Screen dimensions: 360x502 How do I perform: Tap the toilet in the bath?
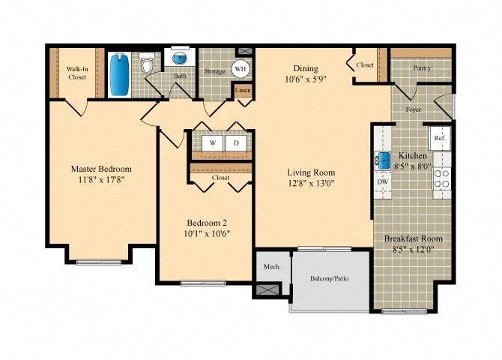[148, 67]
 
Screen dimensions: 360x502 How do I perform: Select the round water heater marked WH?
[241, 69]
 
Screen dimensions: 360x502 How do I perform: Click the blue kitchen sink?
[382, 159]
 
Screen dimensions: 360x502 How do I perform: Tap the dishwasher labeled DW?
[382, 181]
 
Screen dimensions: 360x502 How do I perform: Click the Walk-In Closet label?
[78, 73]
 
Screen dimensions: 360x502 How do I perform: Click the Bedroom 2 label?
[207, 222]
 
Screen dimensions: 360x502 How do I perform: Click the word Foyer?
[413, 109]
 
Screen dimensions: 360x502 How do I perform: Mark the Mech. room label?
[271, 266]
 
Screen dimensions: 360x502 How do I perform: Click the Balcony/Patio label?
[330, 280]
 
